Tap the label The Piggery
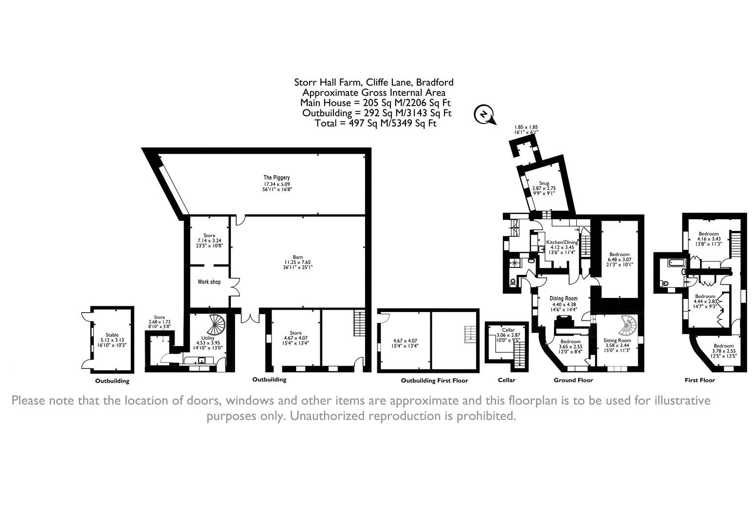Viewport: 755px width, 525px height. coord(276,177)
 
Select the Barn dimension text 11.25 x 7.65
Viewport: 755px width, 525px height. coord(297,262)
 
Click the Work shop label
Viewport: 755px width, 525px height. coord(209,281)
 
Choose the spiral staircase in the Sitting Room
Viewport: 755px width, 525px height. coord(628,325)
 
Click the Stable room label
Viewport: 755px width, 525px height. coord(112,335)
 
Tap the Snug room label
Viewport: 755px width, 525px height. coord(544,183)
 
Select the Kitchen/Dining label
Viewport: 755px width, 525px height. coord(562,242)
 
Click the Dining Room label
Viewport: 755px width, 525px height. coord(563,298)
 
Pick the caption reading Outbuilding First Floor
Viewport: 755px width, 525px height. coord(434,381)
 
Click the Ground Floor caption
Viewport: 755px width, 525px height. coord(573,380)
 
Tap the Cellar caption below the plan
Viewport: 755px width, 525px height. coord(507,380)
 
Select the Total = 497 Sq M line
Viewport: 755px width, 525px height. coord(375,123)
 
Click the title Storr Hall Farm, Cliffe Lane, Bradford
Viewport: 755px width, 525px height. coord(374,83)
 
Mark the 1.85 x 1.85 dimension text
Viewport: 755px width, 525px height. coord(526,127)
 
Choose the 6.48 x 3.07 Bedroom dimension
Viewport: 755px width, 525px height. coord(620,260)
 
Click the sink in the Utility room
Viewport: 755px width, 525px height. coord(202,361)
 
